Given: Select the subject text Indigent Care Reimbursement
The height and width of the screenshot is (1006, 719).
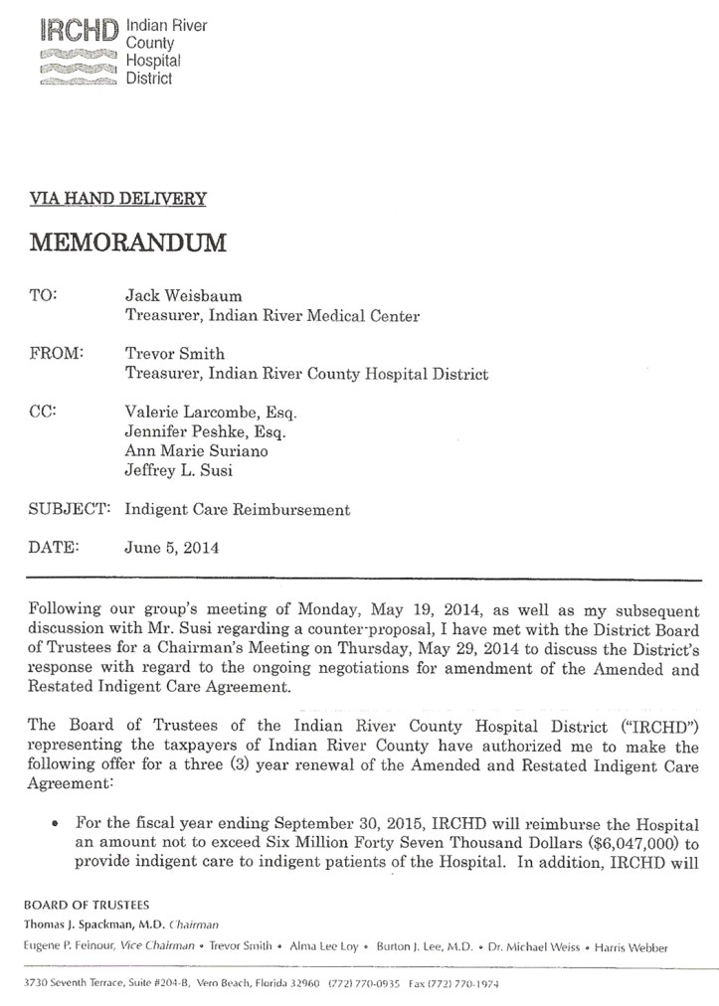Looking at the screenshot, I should [238, 509].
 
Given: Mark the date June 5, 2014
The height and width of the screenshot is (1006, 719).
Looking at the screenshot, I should [171, 547].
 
